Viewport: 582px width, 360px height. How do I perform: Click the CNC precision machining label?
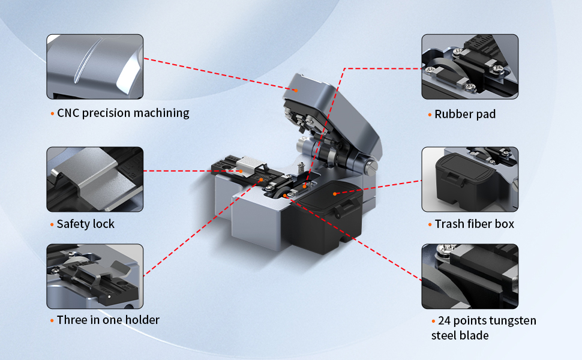click(x=123, y=113)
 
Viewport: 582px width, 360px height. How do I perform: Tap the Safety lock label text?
click(x=86, y=224)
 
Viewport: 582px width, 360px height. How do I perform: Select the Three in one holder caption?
click(x=108, y=320)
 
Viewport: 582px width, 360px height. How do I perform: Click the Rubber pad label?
click(x=465, y=114)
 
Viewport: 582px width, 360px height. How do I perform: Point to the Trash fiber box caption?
click(x=475, y=224)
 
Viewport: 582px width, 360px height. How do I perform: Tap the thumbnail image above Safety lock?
click(x=95, y=179)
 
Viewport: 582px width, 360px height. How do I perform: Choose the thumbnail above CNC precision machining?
click(x=95, y=67)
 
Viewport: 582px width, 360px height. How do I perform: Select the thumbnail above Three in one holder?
click(x=95, y=276)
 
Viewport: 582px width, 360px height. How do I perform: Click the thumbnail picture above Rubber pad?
click(x=470, y=67)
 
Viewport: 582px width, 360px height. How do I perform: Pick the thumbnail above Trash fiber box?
click(x=470, y=179)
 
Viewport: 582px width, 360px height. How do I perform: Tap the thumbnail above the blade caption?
click(x=470, y=276)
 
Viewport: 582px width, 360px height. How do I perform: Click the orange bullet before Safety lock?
click(x=52, y=224)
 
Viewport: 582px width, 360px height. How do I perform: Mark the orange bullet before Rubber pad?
click(x=430, y=115)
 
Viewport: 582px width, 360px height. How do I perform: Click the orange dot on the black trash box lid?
click(x=335, y=194)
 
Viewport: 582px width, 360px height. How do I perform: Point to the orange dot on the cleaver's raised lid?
click(x=296, y=90)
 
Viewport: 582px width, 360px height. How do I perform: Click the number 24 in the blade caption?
click(x=444, y=320)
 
